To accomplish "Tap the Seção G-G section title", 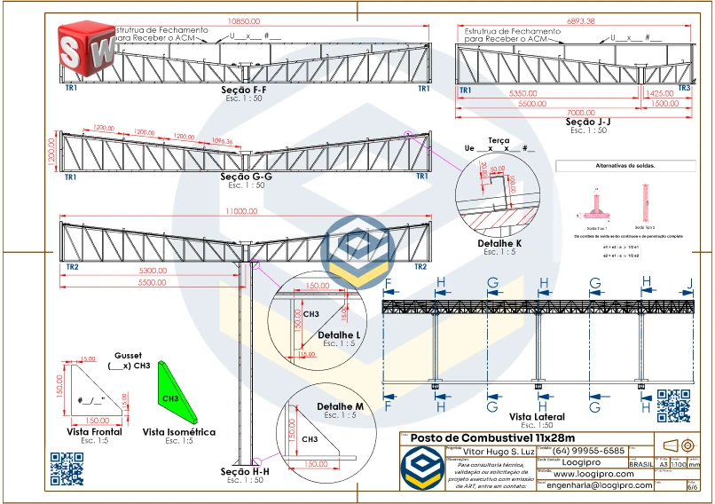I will tap(246, 177).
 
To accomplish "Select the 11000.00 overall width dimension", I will tap(241, 211).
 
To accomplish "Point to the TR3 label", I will tap(684, 89).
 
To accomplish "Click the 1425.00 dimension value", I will tap(659, 93).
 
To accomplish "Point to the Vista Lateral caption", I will tap(538, 416).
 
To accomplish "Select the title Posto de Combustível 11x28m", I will tap(493, 438).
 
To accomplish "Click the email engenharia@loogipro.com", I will tap(599, 485).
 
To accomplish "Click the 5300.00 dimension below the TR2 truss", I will tap(153, 271).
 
